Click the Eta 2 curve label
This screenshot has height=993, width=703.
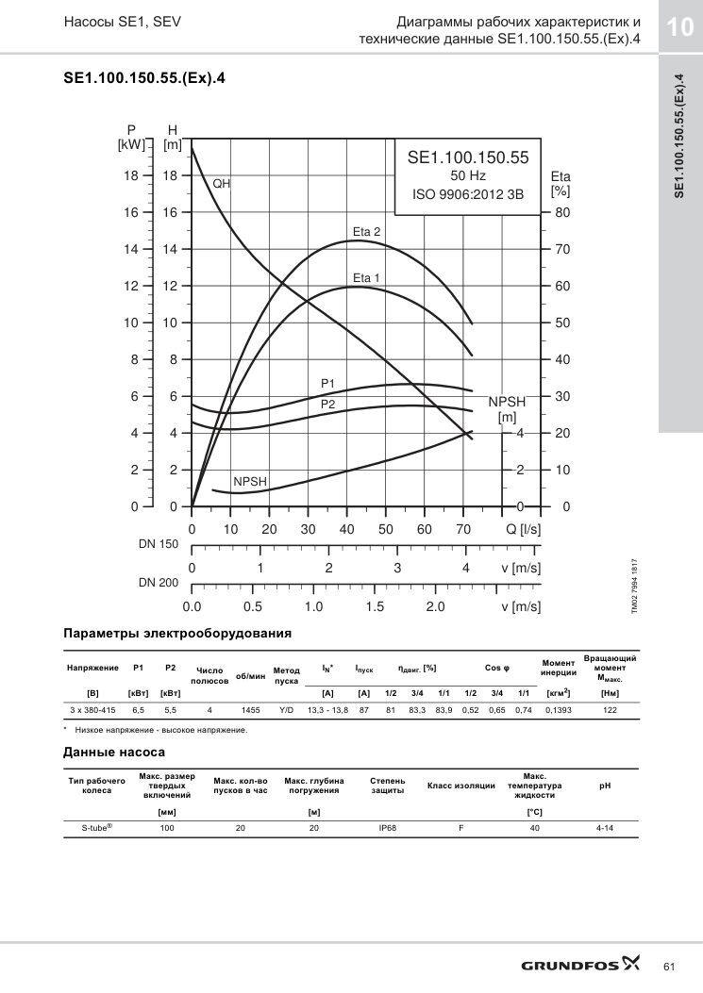[x=366, y=232]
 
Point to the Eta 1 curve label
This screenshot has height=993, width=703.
[x=366, y=277]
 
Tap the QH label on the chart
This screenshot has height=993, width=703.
[x=221, y=184]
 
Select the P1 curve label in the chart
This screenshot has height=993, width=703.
[x=327, y=383]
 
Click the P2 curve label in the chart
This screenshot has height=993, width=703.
[x=327, y=404]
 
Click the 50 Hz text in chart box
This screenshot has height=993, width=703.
[x=468, y=175]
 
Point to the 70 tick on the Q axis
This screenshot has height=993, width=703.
[x=463, y=529]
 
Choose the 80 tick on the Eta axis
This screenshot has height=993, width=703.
[x=562, y=213]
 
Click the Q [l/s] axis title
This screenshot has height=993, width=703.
[x=523, y=529]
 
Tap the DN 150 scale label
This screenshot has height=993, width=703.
[x=159, y=544]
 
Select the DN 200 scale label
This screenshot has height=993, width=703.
[x=159, y=583]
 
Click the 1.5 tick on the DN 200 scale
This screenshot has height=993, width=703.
[x=375, y=606]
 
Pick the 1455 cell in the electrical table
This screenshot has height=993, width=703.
[x=250, y=710]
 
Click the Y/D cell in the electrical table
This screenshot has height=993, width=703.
[x=287, y=710]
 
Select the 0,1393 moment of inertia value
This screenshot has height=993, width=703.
[x=559, y=710]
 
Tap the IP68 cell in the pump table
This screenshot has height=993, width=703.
[x=387, y=828]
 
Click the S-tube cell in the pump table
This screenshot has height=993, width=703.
[x=97, y=827]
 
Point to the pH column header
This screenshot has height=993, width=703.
[x=605, y=786]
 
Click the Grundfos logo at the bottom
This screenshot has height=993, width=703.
[x=580, y=964]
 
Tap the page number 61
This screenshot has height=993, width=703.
[x=669, y=967]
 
